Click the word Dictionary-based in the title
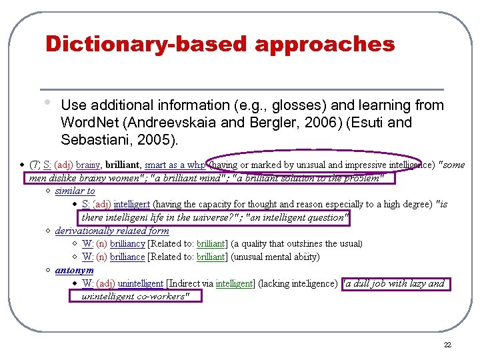coord(146,44)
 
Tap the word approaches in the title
coord(325,45)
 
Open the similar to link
coord(75,191)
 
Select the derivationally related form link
coord(112,231)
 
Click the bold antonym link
coord(74,270)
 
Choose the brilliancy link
coord(127,243)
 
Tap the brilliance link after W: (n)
coord(127,257)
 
